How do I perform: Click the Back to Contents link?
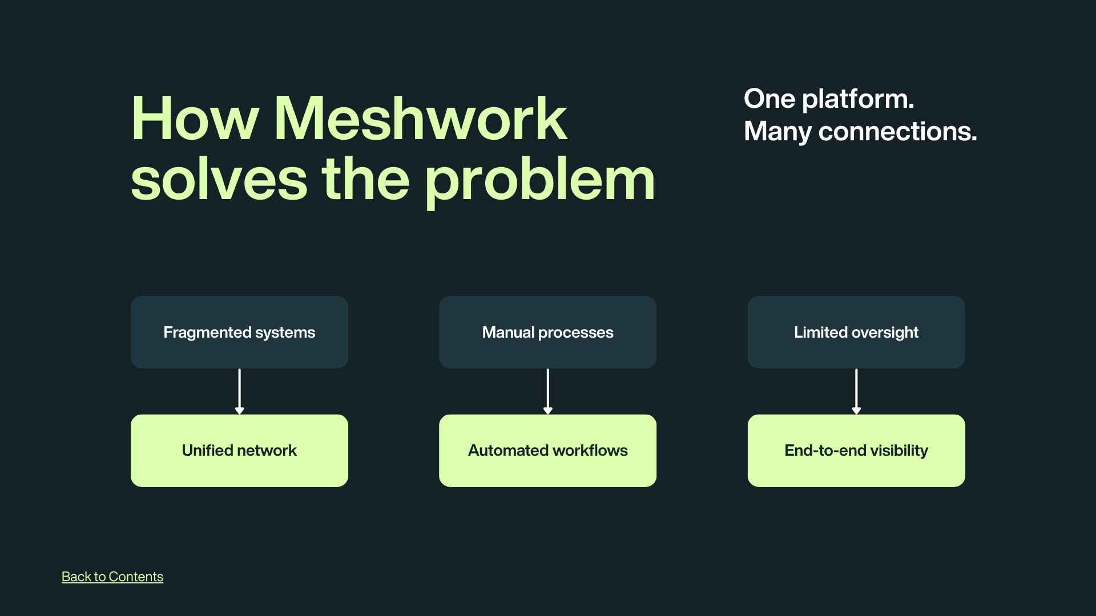112,577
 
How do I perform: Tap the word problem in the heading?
539,181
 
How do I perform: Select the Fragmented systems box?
239,332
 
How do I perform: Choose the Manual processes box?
547,332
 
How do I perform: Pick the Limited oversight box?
856,332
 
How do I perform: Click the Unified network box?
239,451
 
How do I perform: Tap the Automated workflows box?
547,451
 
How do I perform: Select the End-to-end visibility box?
856,451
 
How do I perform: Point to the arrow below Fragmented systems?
239,391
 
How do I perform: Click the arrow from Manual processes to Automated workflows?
547,391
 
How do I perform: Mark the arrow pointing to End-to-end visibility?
856,391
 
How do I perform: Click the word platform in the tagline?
857,100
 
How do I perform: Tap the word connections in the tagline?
897,132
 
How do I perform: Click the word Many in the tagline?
777,132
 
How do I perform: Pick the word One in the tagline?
769,99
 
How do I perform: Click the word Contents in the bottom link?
136,577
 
